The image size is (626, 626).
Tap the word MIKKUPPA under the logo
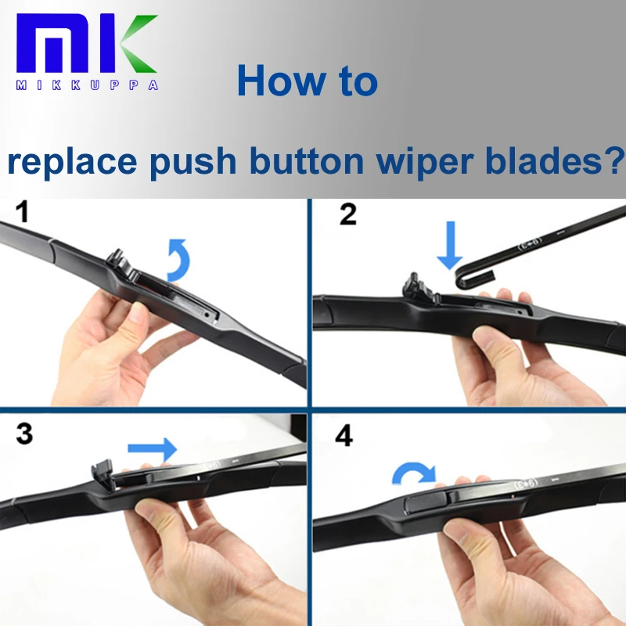click(x=87, y=85)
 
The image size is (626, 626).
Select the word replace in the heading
click(x=72, y=162)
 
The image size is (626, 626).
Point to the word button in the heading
click(x=306, y=160)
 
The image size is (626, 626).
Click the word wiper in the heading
click(x=425, y=162)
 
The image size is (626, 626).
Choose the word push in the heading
click(x=193, y=162)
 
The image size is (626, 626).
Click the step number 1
click(x=23, y=212)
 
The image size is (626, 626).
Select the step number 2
click(x=347, y=214)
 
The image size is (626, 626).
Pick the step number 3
click(x=24, y=434)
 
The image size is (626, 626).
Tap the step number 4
click(x=344, y=436)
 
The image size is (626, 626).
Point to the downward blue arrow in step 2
click(x=451, y=245)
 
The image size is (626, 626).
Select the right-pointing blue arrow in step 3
click(x=152, y=449)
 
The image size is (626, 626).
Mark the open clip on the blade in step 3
click(x=104, y=473)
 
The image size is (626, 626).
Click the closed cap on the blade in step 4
click(x=426, y=502)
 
